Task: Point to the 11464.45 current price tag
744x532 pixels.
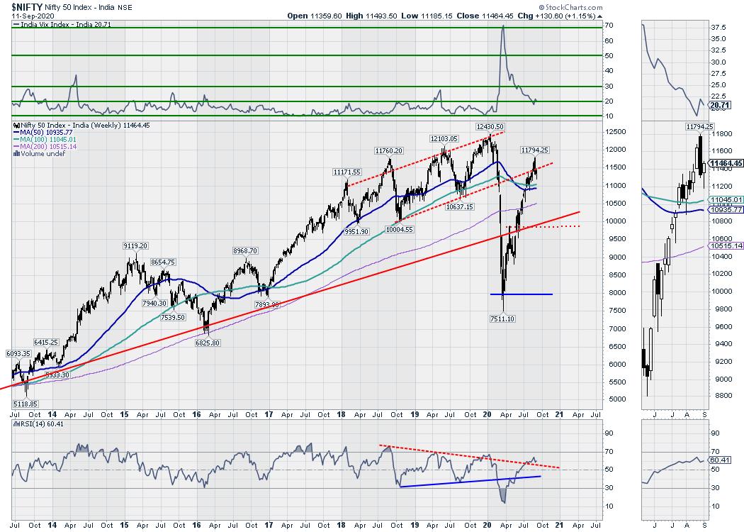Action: pos(726,162)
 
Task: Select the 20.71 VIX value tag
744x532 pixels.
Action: pos(718,105)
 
